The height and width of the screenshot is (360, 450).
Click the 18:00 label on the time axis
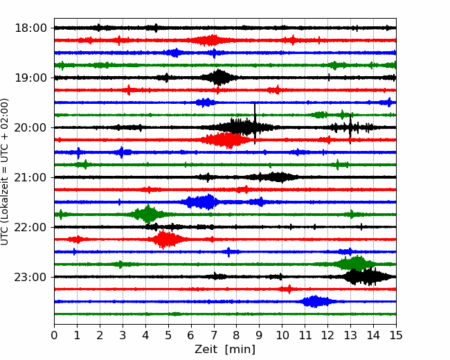tap(30, 28)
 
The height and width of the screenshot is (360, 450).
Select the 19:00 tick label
tap(30, 78)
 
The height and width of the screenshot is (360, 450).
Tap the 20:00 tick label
tap(30, 127)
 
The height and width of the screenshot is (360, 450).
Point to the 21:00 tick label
tap(30, 177)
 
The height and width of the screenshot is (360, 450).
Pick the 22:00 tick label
tap(30, 227)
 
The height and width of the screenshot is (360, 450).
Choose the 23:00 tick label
tap(30, 277)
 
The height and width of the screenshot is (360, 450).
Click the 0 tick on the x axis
tap(54, 335)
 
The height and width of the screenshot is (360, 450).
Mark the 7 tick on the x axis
tap(214, 335)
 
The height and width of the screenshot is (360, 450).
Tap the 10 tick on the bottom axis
tap(282, 335)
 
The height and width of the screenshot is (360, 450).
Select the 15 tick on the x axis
tap(396, 335)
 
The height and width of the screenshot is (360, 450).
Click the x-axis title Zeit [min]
tap(225, 350)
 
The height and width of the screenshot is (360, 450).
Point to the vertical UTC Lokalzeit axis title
tap(5, 172)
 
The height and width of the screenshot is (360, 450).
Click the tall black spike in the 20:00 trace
tap(255, 123)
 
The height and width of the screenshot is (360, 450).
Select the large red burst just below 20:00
tap(226, 140)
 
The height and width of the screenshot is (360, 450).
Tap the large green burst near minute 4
tap(147, 215)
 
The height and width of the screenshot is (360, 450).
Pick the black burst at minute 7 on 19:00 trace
tap(219, 78)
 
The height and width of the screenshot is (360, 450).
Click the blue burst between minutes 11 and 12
tap(316, 301)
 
